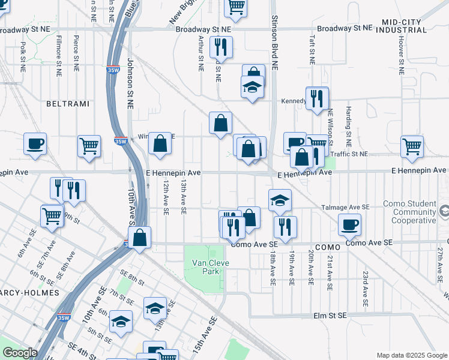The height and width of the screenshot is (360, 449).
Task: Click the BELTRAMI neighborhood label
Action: [x=67, y=104]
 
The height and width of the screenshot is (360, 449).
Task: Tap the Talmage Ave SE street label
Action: [x=345, y=206]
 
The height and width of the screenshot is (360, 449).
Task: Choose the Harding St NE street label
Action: [x=348, y=127]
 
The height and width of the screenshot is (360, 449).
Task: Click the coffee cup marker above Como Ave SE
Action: [x=349, y=224]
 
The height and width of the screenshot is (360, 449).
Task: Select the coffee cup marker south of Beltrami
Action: [x=35, y=144]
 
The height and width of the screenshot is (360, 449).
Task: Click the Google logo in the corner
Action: [x=20, y=353]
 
